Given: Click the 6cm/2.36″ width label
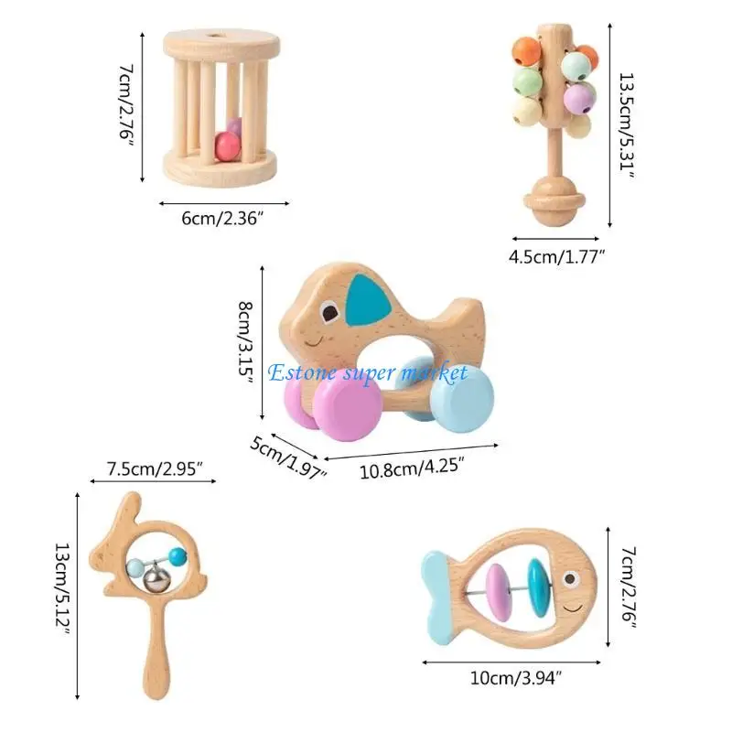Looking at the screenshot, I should click(x=224, y=219).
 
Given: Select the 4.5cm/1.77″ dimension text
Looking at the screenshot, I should click(x=558, y=258).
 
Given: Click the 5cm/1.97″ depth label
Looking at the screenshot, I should click(x=286, y=457).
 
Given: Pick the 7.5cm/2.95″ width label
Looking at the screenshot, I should click(x=154, y=468).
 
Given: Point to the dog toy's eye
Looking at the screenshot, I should click(x=327, y=317).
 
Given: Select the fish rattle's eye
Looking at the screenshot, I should click(x=573, y=578).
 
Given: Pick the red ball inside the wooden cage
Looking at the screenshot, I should click(x=225, y=145).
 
